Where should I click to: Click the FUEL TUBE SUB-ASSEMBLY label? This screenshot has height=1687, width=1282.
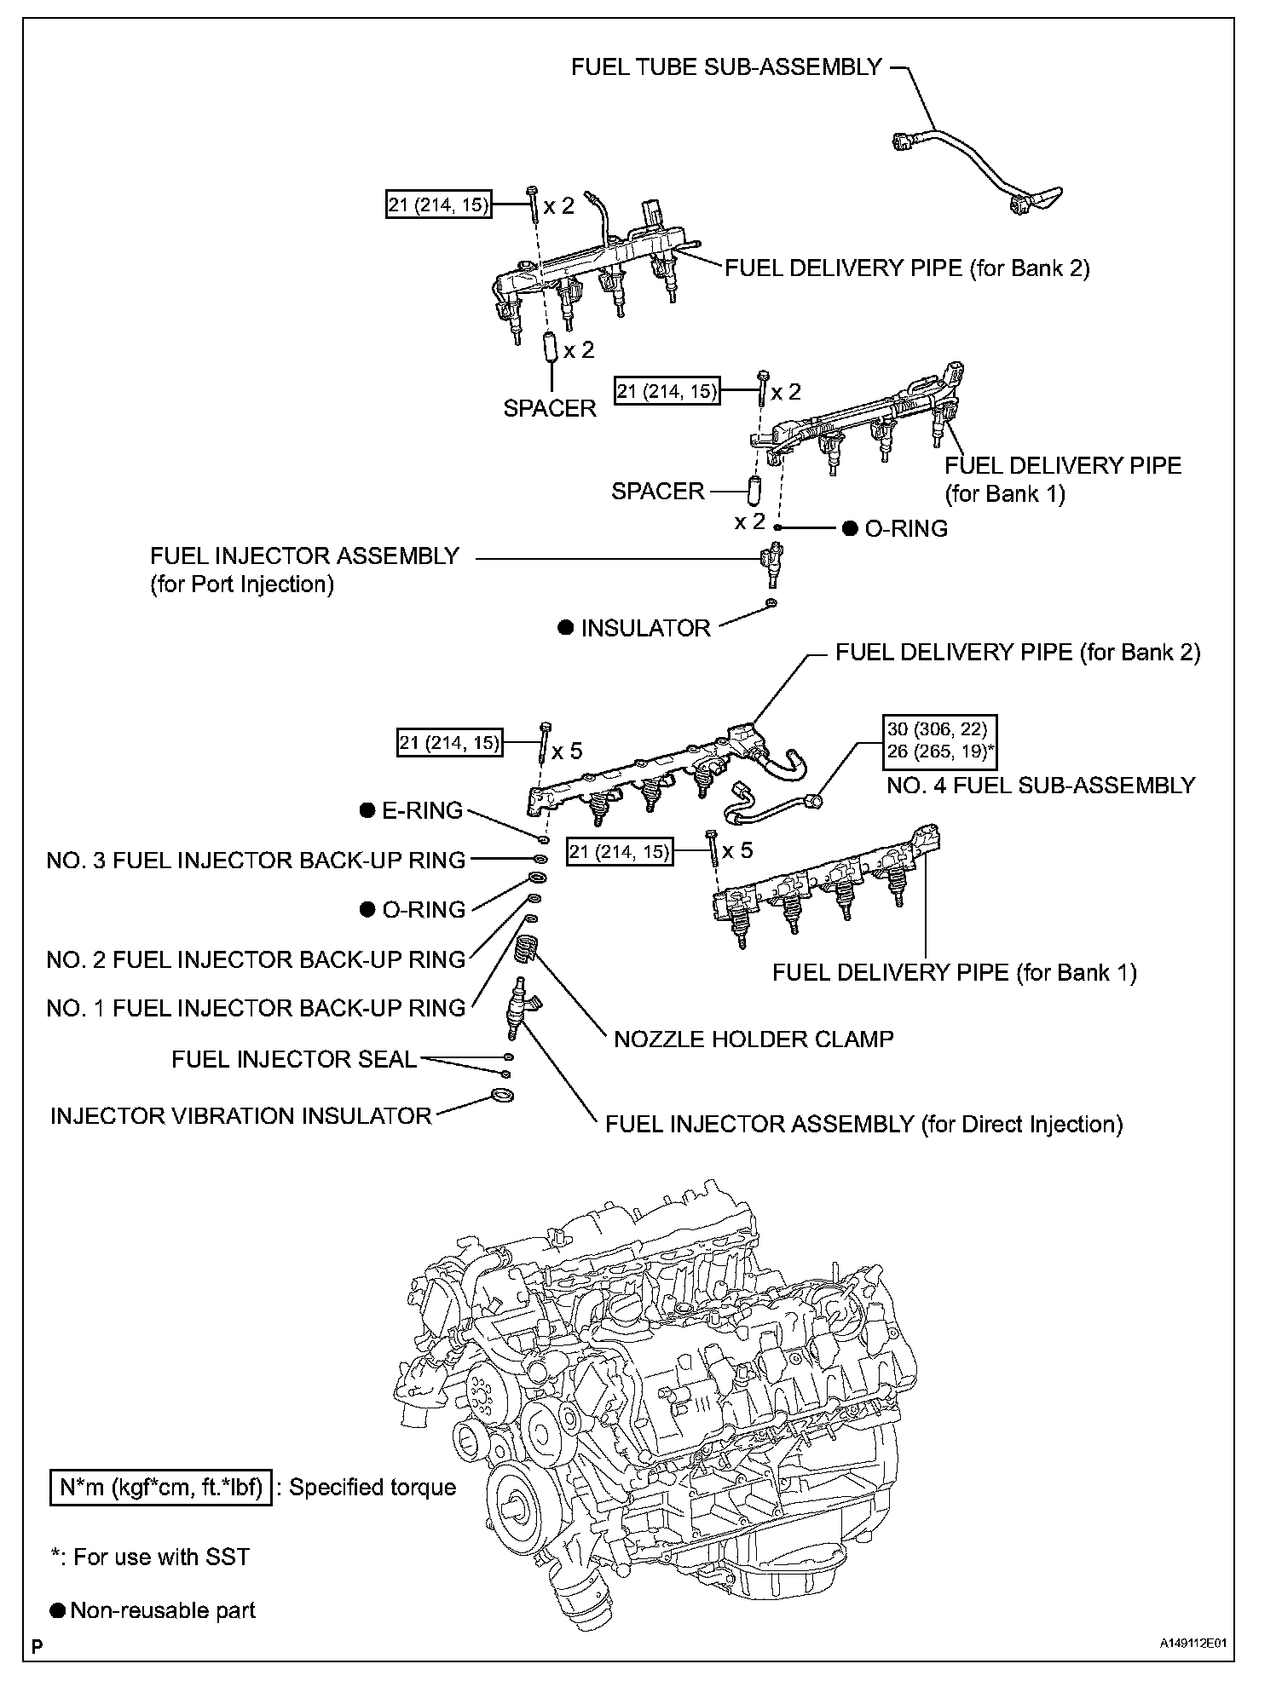726,67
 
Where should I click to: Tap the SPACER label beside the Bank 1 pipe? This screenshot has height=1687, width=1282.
658,491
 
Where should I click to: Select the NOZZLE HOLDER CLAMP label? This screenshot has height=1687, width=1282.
754,1039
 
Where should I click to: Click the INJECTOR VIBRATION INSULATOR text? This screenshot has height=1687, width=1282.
241,1116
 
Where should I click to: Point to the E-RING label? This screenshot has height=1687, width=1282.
422,810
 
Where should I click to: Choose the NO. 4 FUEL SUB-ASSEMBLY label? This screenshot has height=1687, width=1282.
1041,785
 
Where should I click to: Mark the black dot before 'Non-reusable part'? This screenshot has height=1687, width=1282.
58,1610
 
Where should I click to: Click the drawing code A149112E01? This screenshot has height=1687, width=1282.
1197,1667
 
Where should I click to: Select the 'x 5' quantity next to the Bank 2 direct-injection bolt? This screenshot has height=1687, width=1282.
567,751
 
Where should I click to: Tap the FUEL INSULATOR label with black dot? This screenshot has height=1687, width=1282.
645,628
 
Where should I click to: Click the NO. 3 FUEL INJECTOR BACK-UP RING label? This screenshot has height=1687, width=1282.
256,860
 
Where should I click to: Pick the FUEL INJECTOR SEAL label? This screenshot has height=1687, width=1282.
294,1059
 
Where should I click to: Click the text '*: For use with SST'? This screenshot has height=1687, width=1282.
150,1557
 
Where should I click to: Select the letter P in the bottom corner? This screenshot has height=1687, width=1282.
37,1667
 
